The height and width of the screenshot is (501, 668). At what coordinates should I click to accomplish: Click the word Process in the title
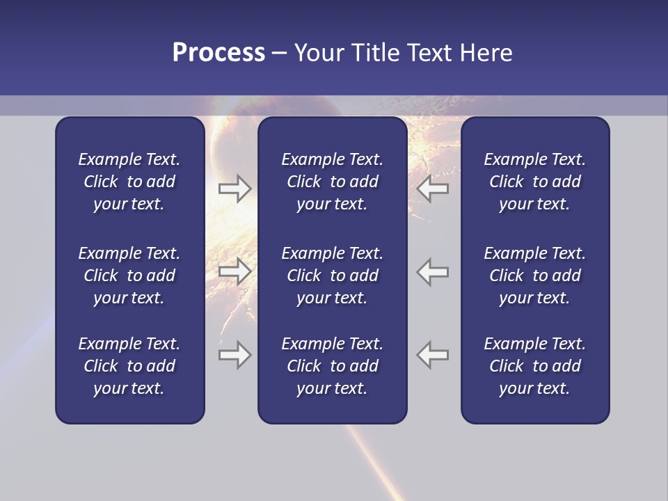[218, 53]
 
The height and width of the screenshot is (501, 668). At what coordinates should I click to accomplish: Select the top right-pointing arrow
[234, 189]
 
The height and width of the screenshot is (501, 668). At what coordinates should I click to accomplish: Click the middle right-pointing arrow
[234, 271]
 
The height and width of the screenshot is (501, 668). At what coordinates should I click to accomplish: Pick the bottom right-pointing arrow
[234, 355]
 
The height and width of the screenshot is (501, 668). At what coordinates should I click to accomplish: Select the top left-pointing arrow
[432, 189]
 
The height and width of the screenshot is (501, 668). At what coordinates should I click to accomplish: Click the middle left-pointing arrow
[432, 271]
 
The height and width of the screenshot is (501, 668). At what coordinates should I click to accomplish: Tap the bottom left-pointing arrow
[432, 355]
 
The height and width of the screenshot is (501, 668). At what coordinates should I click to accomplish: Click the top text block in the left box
[129, 182]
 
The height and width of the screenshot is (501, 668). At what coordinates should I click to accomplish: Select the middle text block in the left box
[129, 276]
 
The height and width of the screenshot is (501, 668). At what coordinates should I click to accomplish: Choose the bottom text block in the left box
[129, 366]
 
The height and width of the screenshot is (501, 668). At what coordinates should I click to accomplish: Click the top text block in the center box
[332, 182]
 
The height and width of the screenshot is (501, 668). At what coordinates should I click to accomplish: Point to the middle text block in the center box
[332, 276]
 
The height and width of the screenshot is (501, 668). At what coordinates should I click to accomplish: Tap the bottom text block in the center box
[332, 366]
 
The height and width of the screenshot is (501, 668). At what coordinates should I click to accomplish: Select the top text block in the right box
[534, 182]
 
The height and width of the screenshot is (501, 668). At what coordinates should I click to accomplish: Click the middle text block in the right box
[534, 276]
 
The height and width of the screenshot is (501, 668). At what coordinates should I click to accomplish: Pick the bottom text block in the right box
[534, 366]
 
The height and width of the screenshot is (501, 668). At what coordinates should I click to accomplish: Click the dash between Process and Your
[280, 54]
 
